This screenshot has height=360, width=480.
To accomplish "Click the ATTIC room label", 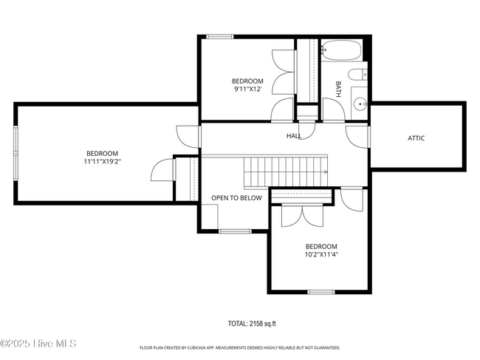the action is [x=416, y=138].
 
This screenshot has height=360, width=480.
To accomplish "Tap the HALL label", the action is [x=294, y=136].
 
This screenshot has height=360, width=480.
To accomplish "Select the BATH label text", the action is [x=338, y=89].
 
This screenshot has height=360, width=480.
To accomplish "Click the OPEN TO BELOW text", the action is [x=236, y=198].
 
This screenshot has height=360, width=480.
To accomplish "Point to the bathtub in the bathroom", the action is [x=342, y=50].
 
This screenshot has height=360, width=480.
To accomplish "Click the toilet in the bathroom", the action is [x=357, y=75].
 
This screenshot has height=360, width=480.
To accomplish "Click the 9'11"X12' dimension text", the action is [x=247, y=89].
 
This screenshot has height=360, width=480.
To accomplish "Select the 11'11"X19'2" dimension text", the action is [x=102, y=161].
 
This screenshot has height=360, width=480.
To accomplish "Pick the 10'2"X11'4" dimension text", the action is [x=321, y=254].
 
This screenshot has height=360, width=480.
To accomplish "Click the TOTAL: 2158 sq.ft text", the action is [x=252, y=324].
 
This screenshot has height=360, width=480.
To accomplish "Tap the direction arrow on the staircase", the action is [x=326, y=172].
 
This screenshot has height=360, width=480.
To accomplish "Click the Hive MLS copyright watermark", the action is [x=38, y=344].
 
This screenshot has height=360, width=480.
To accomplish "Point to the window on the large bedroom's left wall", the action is [x=16, y=152].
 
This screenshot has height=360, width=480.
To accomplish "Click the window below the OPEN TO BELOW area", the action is [x=235, y=231].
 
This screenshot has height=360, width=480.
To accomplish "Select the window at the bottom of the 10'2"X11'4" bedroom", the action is [x=321, y=292].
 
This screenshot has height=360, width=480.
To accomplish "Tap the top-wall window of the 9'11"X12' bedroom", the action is [x=220, y=37].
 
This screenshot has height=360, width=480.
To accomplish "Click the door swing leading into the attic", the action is [x=357, y=137].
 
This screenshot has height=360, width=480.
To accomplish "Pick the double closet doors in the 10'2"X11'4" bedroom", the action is [x=302, y=215].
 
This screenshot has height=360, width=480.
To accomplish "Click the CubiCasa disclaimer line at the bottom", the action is [x=240, y=347].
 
